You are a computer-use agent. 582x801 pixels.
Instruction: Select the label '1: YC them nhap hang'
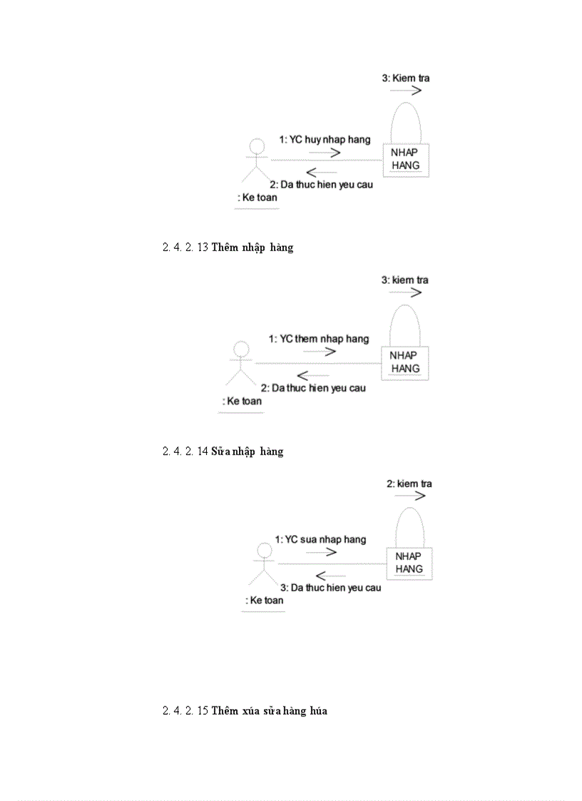pyautogui.click(x=319, y=339)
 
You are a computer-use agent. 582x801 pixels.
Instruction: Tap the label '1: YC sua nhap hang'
pyautogui.click(x=321, y=539)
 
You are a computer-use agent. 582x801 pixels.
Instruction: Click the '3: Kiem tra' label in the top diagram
pyautogui.click(x=406, y=78)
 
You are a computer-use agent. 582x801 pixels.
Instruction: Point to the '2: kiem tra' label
pyautogui.click(x=409, y=484)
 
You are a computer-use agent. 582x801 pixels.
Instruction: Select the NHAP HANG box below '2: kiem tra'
pyautogui.click(x=409, y=563)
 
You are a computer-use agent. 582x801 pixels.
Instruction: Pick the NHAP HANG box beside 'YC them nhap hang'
pyautogui.click(x=405, y=362)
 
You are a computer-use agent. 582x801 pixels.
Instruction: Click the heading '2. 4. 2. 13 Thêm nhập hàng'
pyautogui.click(x=228, y=248)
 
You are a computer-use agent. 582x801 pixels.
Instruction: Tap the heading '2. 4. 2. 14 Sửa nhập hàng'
pyautogui.click(x=223, y=451)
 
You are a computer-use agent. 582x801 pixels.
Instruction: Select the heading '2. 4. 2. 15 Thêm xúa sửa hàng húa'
pyautogui.click(x=245, y=710)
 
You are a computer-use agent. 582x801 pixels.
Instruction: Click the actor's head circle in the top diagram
pyautogui.click(x=256, y=146)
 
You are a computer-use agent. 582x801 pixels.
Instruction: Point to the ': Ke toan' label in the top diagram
pyautogui.click(x=257, y=197)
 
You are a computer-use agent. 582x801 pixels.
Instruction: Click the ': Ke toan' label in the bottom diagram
pyautogui.click(x=264, y=600)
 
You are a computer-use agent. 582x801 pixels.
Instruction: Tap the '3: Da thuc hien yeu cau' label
pyautogui.click(x=330, y=588)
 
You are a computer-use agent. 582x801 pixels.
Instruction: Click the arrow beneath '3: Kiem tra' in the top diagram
pyautogui.click(x=406, y=91)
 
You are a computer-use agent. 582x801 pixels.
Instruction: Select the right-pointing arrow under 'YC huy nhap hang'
pyautogui.click(x=325, y=152)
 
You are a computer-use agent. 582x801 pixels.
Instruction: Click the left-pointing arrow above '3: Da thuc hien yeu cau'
pyautogui.click(x=331, y=576)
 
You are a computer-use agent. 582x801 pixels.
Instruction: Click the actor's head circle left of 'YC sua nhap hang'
pyautogui.click(x=265, y=550)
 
